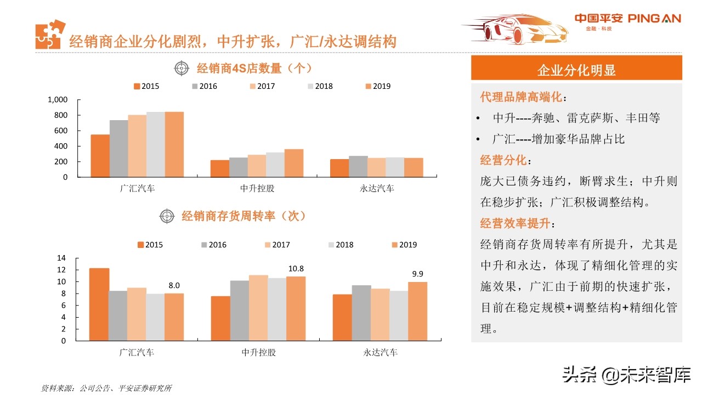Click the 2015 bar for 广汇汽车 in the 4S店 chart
(x=100, y=156)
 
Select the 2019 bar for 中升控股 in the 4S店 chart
(x=293, y=163)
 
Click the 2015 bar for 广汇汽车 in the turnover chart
(x=99, y=304)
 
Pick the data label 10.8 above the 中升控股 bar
(x=296, y=269)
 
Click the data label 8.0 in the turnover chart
(x=174, y=286)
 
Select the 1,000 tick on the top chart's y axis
(x=58, y=100)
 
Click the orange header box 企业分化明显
(x=576, y=70)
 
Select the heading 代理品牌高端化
(x=521, y=98)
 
